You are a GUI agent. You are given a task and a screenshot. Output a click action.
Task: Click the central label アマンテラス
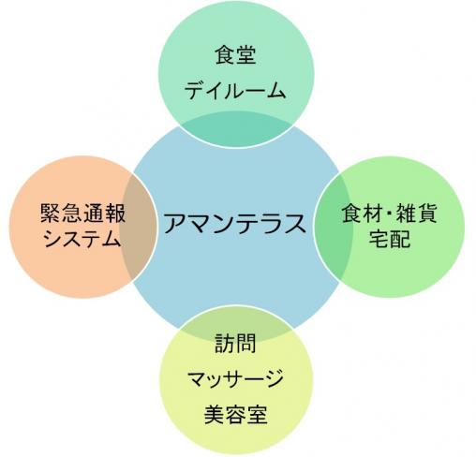(235, 223)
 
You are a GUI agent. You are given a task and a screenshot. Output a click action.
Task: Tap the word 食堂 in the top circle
(235, 55)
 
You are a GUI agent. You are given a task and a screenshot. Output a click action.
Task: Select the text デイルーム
(235, 91)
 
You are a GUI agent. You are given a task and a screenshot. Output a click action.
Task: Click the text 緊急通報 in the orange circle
(82, 214)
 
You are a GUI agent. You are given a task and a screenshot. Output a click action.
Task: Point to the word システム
(82, 239)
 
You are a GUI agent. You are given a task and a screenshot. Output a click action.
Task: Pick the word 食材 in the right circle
(363, 214)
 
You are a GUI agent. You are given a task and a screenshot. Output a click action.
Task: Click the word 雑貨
(416, 214)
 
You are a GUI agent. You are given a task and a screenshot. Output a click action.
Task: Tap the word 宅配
(390, 239)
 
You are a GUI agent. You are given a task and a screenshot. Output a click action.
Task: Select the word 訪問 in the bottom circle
(235, 343)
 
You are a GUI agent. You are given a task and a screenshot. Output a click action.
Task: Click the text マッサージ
(235, 378)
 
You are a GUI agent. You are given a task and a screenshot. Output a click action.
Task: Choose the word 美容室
(235, 415)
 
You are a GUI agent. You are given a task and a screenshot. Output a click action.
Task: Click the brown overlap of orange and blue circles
(138, 226)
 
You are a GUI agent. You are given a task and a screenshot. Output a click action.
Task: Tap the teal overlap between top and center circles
(236, 129)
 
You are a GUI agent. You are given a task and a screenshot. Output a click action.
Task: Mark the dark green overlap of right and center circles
(333, 227)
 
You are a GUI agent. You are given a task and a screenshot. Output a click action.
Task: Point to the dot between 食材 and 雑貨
(390, 214)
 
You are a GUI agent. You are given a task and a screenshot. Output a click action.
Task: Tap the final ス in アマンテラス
(295, 223)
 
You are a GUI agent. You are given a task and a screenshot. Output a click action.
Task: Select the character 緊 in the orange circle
(51, 214)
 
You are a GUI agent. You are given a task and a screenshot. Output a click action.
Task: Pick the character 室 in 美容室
(257, 415)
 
